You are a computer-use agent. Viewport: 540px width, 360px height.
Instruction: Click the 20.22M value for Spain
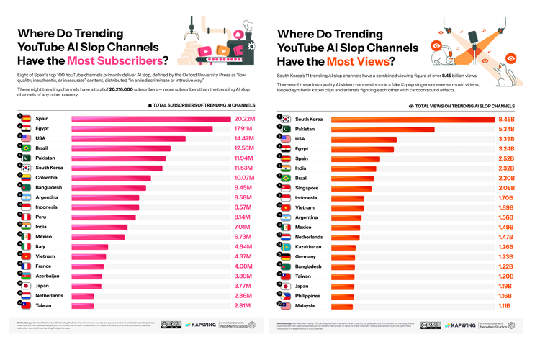click(x=244, y=119)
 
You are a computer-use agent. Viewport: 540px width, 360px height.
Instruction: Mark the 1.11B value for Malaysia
click(x=504, y=305)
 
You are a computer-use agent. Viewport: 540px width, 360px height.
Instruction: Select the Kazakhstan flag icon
click(x=286, y=246)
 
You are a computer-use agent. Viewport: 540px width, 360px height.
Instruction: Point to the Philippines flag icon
click(x=286, y=295)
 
